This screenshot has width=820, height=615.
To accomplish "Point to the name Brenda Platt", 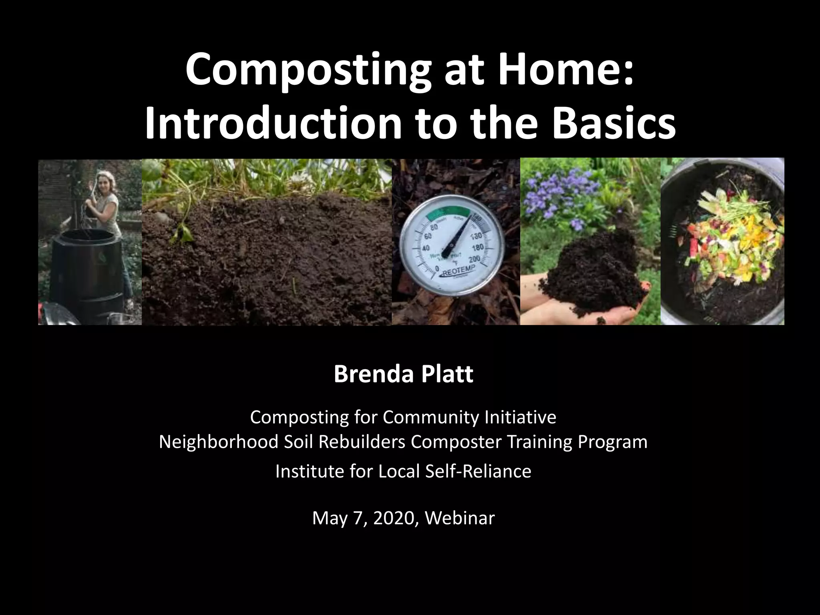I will [403, 374].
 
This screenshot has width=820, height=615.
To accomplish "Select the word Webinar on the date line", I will [460, 518].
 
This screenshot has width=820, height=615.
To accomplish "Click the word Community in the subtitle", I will [430, 417].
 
